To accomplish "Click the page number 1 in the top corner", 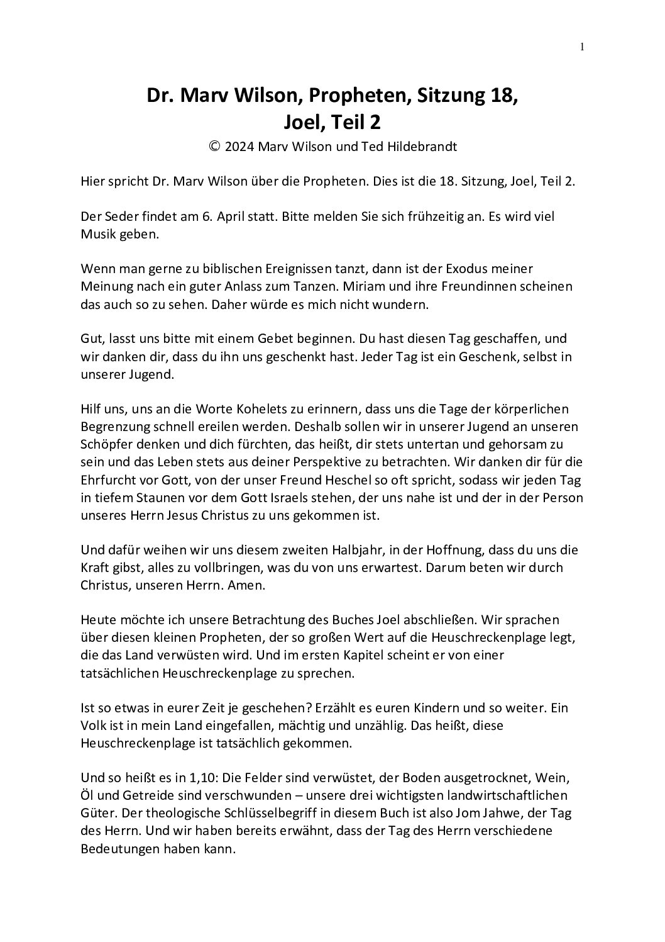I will [582, 46].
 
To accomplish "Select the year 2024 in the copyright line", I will [239, 146].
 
